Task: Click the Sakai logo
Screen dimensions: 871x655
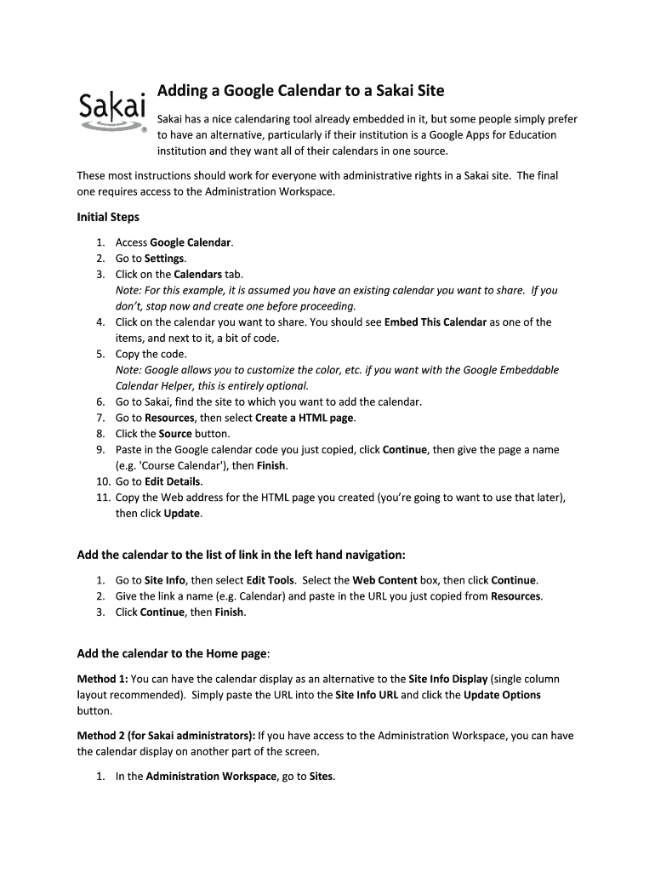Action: point(112,110)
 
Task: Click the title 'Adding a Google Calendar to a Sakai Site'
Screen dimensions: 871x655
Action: point(300,90)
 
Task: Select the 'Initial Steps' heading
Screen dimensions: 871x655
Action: point(108,217)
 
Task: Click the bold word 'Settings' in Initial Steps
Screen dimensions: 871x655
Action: point(164,259)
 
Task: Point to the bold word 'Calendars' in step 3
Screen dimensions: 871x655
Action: point(197,275)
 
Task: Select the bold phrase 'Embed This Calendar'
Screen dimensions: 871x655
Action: point(436,322)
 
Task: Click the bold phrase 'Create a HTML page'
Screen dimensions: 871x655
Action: point(305,418)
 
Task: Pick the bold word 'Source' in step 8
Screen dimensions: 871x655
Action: point(175,434)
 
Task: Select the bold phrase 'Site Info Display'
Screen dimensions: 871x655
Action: point(447,679)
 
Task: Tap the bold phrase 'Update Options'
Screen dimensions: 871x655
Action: point(502,695)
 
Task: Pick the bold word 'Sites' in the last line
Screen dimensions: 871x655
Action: point(322,777)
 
